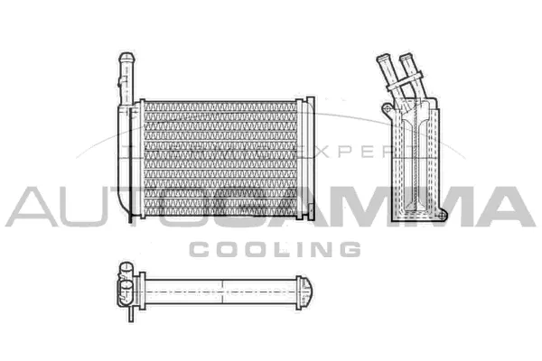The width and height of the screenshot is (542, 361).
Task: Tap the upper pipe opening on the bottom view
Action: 126,267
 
